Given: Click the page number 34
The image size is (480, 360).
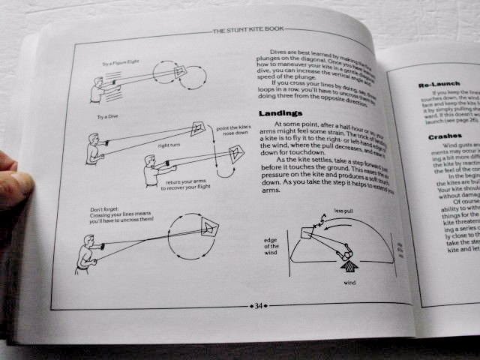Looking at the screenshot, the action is [x=258, y=306].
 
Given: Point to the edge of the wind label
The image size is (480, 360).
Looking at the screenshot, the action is [x=272, y=247].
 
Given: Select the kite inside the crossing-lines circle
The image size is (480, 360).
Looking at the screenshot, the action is [x=208, y=229].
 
